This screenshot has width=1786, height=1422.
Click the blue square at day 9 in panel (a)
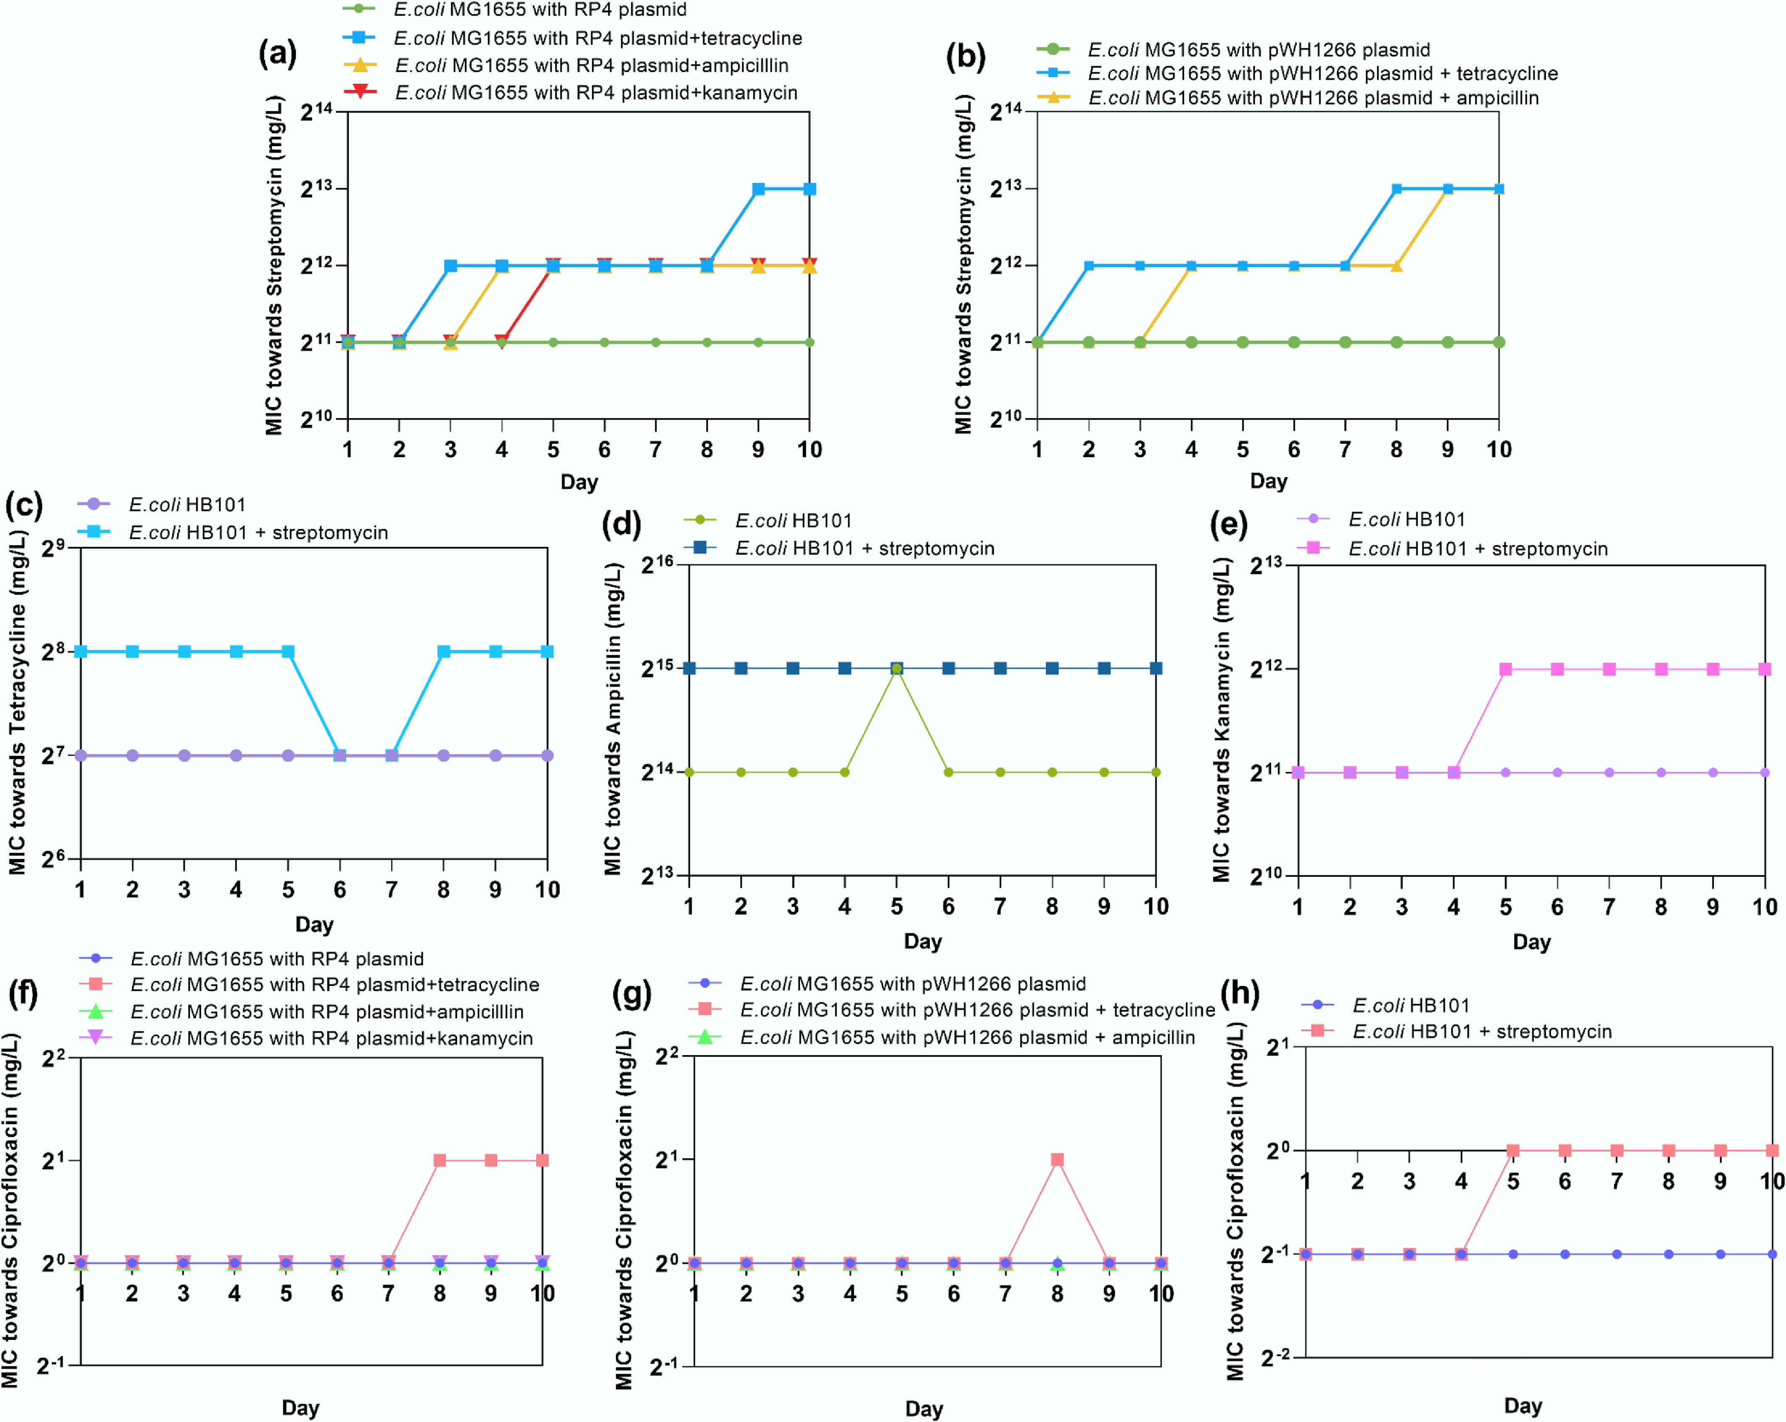(x=758, y=189)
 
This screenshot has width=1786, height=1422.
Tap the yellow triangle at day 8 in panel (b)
(x=1397, y=266)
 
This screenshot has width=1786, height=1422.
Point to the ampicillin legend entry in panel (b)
(x=1313, y=98)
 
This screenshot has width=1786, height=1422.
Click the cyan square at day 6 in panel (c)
(x=340, y=756)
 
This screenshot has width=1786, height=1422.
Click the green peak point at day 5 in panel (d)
(x=896, y=668)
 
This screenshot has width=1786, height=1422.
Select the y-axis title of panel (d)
(x=613, y=719)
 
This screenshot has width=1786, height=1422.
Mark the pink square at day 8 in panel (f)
(x=440, y=1160)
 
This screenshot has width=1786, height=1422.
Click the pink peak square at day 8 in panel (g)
(x=1057, y=1160)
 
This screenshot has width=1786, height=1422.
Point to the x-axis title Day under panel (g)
(x=924, y=1409)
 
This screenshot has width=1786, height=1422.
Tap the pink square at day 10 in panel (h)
(x=1772, y=1150)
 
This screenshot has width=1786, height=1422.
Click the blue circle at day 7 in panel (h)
(x=1616, y=1254)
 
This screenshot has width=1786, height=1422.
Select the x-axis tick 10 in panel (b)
(x=1499, y=450)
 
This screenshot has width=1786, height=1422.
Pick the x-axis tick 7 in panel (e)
(x=1609, y=907)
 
